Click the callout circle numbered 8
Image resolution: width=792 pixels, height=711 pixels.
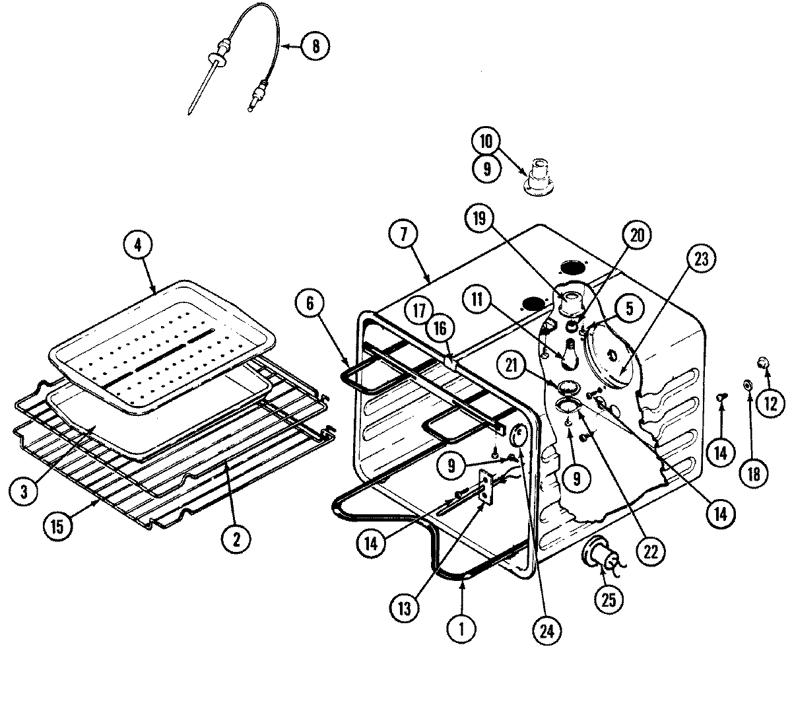[315, 46]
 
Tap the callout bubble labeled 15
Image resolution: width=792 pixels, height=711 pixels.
[59, 526]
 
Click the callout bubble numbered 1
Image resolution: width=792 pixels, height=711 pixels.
[461, 630]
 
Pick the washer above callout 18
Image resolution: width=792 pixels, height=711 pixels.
[749, 384]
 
